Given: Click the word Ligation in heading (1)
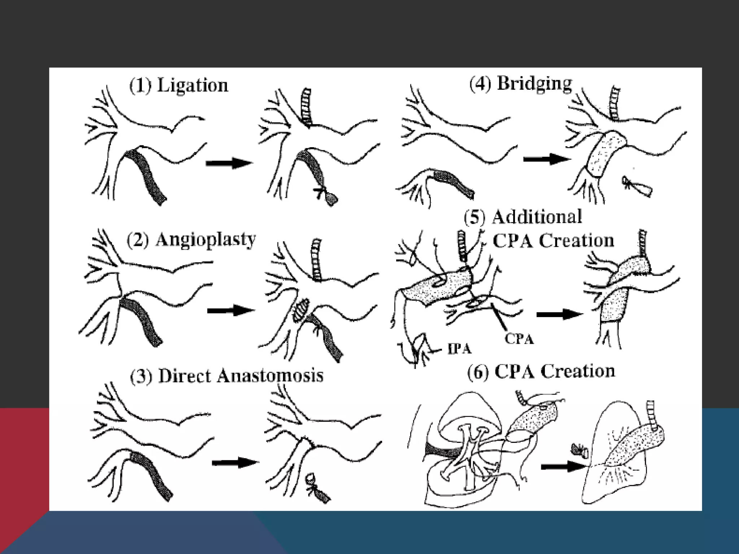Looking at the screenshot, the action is (x=193, y=86).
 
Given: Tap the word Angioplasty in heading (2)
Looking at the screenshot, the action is (x=206, y=240).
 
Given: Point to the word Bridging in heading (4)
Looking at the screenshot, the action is (x=534, y=84).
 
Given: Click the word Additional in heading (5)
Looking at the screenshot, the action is (x=537, y=217).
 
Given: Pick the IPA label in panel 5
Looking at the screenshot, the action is (x=459, y=349).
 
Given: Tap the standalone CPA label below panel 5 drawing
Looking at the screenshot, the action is (x=519, y=339).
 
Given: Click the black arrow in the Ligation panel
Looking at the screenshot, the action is (x=228, y=163).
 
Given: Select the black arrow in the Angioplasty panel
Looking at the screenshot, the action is (x=231, y=310).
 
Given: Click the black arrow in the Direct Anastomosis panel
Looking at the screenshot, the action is (x=235, y=462).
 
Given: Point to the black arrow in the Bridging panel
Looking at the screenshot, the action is (x=546, y=159).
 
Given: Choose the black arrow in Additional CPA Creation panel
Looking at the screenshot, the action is (x=559, y=314).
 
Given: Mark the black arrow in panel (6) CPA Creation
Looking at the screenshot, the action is (x=563, y=467).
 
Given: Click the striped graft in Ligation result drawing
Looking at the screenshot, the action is (x=307, y=107).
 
